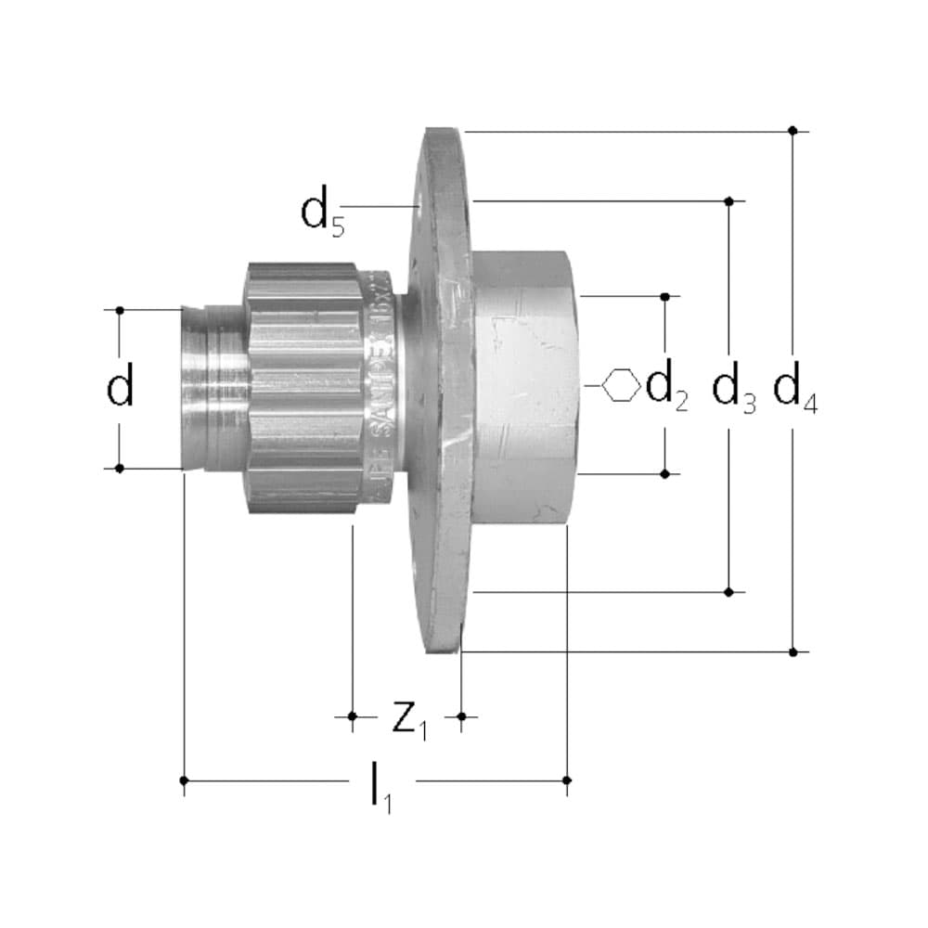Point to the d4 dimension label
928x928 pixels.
pos(795,389)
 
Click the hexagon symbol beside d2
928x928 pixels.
pos(621,385)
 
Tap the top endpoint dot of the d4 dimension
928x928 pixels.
pos(793,131)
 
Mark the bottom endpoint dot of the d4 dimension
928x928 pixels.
pos(793,652)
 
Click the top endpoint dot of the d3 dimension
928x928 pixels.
pos(730,200)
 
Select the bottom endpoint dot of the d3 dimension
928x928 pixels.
pos(730,591)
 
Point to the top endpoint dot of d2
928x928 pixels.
pos(665,297)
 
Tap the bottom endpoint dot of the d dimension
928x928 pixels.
pos(120,469)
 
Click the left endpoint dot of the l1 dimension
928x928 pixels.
pos(185,780)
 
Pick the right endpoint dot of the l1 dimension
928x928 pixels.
pos(567,780)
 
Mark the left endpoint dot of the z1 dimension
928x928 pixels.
pos(352,715)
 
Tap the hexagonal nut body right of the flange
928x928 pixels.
pos(524,390)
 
